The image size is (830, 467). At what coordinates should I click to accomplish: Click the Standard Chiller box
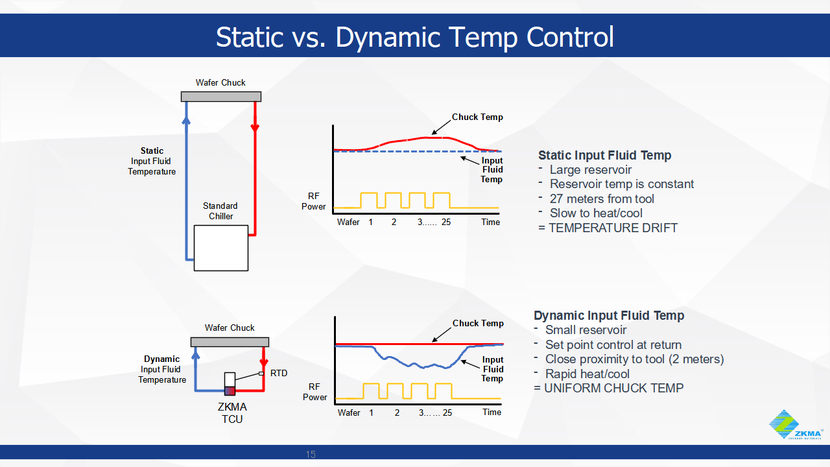220,247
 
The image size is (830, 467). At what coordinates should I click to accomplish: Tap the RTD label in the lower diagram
278,373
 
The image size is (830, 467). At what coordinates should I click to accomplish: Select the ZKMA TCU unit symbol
230,383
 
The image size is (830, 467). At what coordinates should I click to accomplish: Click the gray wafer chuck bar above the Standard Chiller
220,97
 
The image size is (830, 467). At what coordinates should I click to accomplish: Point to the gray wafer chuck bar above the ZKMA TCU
230,342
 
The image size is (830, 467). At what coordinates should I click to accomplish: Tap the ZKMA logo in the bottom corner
796,425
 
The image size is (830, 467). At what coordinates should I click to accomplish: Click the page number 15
310,454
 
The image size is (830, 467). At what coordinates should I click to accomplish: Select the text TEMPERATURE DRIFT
613,228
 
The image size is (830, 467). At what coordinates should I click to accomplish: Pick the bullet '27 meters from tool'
602,198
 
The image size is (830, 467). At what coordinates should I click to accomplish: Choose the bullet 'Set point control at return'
613,344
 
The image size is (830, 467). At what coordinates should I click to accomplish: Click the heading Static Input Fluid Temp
604,155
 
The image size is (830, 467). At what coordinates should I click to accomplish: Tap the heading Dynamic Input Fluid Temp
609,315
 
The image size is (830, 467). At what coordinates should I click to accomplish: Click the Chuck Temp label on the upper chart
477,117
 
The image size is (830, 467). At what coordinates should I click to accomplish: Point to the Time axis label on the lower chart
492,412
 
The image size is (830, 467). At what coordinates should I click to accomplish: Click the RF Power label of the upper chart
314,201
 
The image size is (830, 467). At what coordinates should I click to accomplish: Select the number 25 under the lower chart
447,413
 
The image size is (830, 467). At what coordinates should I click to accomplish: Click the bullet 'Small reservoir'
586,329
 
